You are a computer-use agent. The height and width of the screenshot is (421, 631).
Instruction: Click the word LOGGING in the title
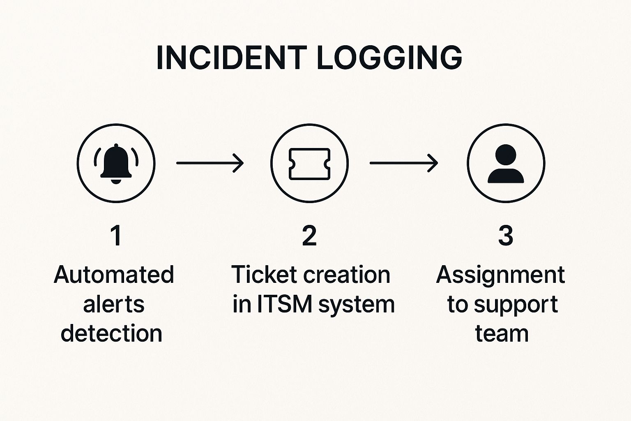[x=389, y=58]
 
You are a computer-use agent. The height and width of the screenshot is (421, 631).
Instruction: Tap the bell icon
[x=116, y=163]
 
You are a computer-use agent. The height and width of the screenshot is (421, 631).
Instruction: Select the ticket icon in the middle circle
[x=309, y=164]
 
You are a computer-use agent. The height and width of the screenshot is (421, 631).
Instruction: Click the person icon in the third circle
[x=506, y=164]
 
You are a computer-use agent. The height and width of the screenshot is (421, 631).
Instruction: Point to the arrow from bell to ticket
[x=210, y=163]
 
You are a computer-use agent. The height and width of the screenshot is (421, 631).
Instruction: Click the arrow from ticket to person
[x=404, y=163]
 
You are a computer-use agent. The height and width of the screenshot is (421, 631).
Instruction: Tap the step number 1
[x=116, y=236]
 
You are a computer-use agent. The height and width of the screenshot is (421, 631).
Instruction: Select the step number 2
[x=309, y=236]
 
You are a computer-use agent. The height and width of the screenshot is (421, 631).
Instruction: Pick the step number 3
[x=506, y=236]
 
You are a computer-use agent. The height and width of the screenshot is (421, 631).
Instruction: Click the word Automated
[x=114, y=275]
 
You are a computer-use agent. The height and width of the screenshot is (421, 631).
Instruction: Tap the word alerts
[x=114, y=304]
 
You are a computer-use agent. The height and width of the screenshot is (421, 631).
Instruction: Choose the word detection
[x=111, y=333]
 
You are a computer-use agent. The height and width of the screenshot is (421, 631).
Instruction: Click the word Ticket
[x=264, y=275]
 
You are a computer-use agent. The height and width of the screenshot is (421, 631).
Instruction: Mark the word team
[x=502, y=333]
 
